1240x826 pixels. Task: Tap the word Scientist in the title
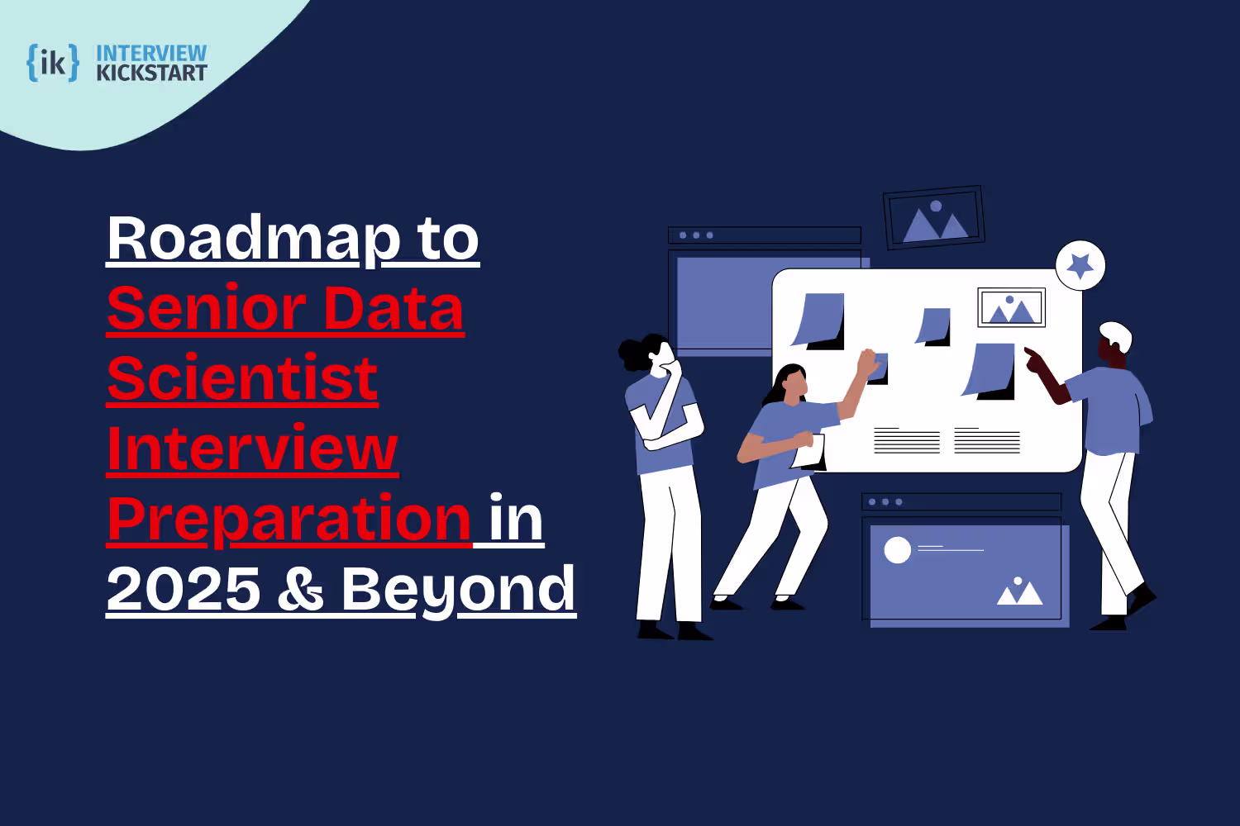(x=242, y=379)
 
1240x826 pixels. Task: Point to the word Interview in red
(x=253, y=449)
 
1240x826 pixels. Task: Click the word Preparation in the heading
(x=289, y=520)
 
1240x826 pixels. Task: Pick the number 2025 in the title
(x=184, y=590)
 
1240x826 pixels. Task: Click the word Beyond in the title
(x=458, y=590)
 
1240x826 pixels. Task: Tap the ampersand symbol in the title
(x=300, y=590)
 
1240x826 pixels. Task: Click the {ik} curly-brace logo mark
(x=53, y=63)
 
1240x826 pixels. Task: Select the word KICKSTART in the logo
(x=151, y=74)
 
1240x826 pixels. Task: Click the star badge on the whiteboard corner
(x=1080, y=265)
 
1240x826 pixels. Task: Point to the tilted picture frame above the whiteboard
(x=934, y=217)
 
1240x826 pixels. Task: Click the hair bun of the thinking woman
(x=632, y=354)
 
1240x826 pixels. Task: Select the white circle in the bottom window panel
(x=897, y=550)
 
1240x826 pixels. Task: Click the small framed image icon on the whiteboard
(x=1011, y=308)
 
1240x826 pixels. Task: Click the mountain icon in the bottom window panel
(x=1019, y=592)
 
